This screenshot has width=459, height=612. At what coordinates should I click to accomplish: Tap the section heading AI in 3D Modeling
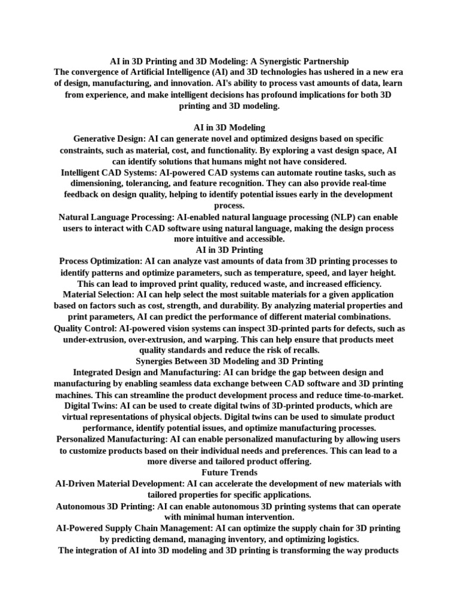229,128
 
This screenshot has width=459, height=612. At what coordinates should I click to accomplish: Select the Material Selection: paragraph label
99,295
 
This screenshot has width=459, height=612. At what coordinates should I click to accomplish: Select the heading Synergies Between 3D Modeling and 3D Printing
229,362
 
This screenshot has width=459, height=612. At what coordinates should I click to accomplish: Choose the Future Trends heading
229,473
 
